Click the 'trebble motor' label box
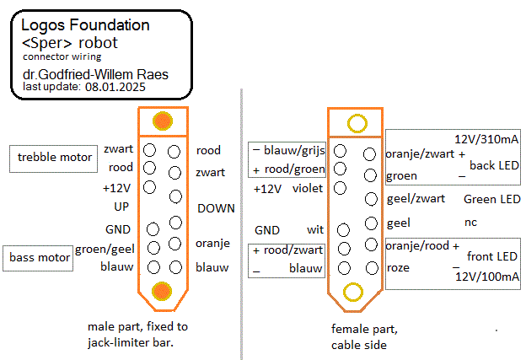55,157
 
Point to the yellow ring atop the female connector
356,124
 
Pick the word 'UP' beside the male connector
121,206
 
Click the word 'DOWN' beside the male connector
216,207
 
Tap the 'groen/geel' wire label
104,249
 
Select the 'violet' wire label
308,189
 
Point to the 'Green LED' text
491,200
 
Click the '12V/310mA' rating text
486,137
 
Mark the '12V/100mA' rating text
487,276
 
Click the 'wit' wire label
314,229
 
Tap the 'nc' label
470,223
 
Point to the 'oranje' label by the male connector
213,243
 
